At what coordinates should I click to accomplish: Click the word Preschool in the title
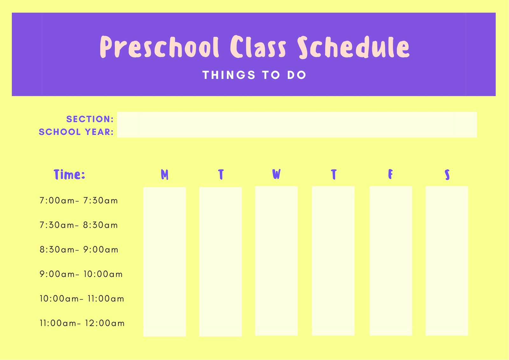pyautogui.click(x=159, y=47)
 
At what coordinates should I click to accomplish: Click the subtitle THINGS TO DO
pyautogui.click(x=254, y=75)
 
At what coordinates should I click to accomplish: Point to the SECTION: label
pyautogui.click(x=90, y=119)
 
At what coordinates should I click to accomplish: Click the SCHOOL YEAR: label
pyautogui.click(x=76, y=132)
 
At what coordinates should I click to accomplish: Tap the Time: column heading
pyautogui.click(x=69, y=174)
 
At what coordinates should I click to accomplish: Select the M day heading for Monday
pyautogui.click(x=164, y=174)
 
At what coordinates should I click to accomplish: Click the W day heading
pyautogui.click(x=276, y=174)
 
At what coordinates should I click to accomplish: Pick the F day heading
pyautogui.click(x=390, y=174)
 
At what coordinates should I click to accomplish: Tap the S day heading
pyautogui.click(x=447, y=174)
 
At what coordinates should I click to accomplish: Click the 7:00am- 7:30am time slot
pyautogui.click(x=79, y=201)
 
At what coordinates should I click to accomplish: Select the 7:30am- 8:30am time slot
pyautogui.click(x=79, y=225)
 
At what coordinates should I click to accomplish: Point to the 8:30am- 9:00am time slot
pyautogui.click(x=79, y=250)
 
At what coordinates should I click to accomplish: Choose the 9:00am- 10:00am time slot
pyautogui.click(x=81, y=274)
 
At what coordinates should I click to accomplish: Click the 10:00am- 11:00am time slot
pyautogui.click(x=82, y=299)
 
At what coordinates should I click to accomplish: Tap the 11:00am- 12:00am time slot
pyautogui.click(x=82, y=323)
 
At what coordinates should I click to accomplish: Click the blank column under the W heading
pyautogui.click(x=276, y=261)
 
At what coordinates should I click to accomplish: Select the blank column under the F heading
pyautogui.click(x=391, y=261)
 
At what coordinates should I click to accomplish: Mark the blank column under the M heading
pyautogui.click(x=164, y=262)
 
